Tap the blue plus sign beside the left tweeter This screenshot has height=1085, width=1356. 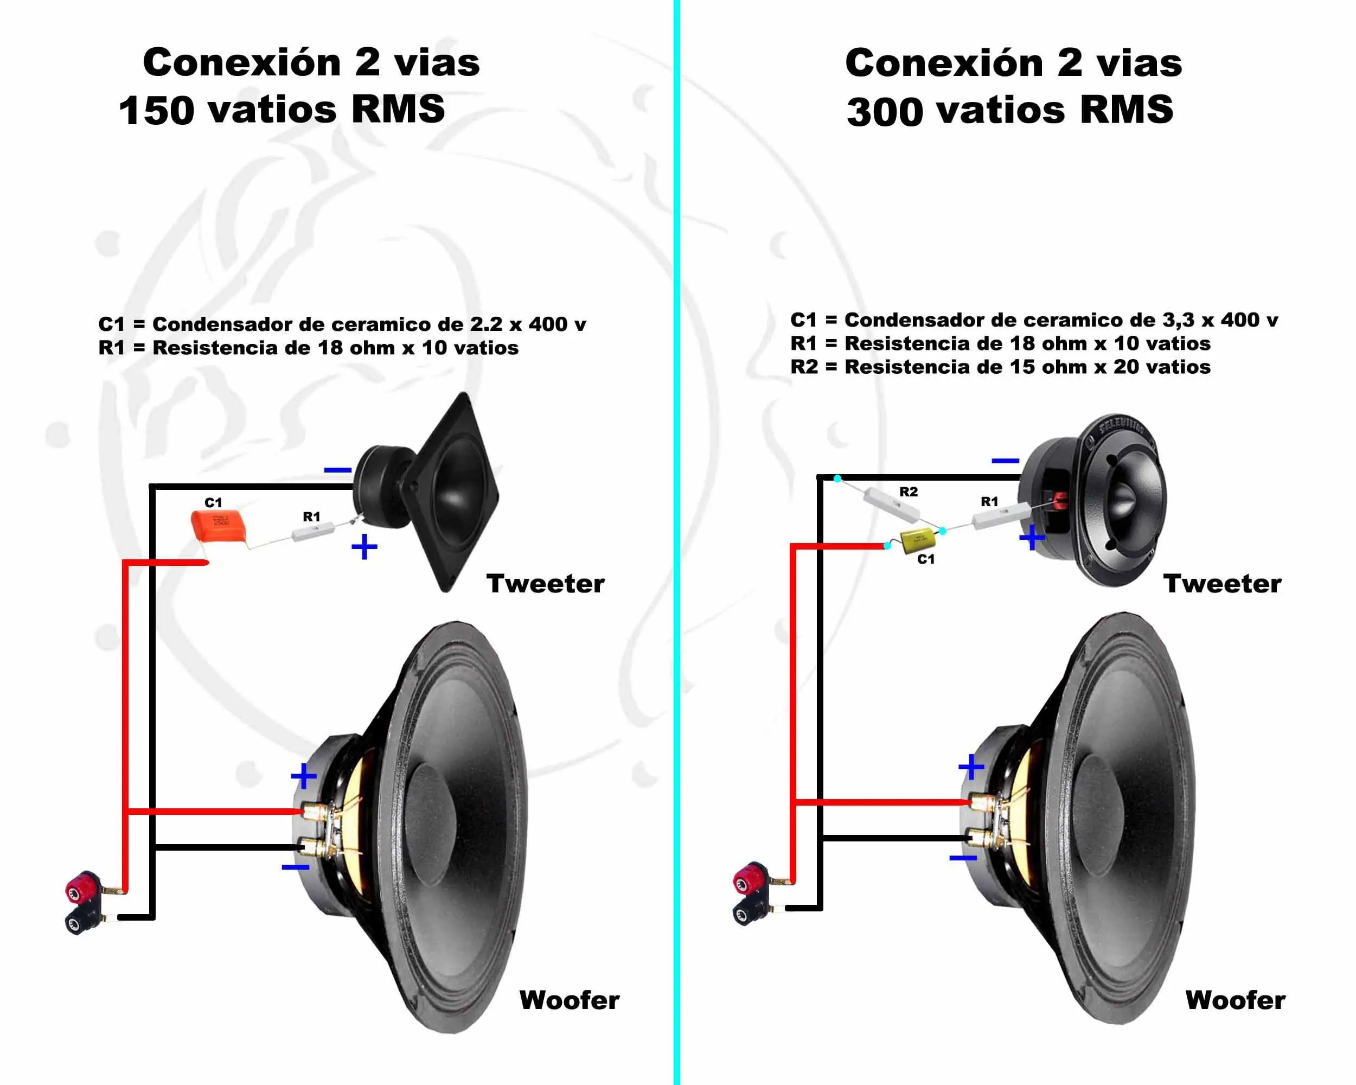tap(364, 547)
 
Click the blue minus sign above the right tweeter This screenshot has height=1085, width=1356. tap(1005, 461)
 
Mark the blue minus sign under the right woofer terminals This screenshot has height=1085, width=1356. tap(963, 858)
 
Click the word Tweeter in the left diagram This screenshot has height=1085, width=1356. tap(545, 584)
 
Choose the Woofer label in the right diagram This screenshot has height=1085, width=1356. tap(1235, 1000)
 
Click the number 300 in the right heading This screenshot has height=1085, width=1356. tap(884, 111)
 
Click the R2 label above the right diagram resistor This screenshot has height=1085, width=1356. tap(908, 492)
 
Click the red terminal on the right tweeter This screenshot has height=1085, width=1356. tap(1060, 501)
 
